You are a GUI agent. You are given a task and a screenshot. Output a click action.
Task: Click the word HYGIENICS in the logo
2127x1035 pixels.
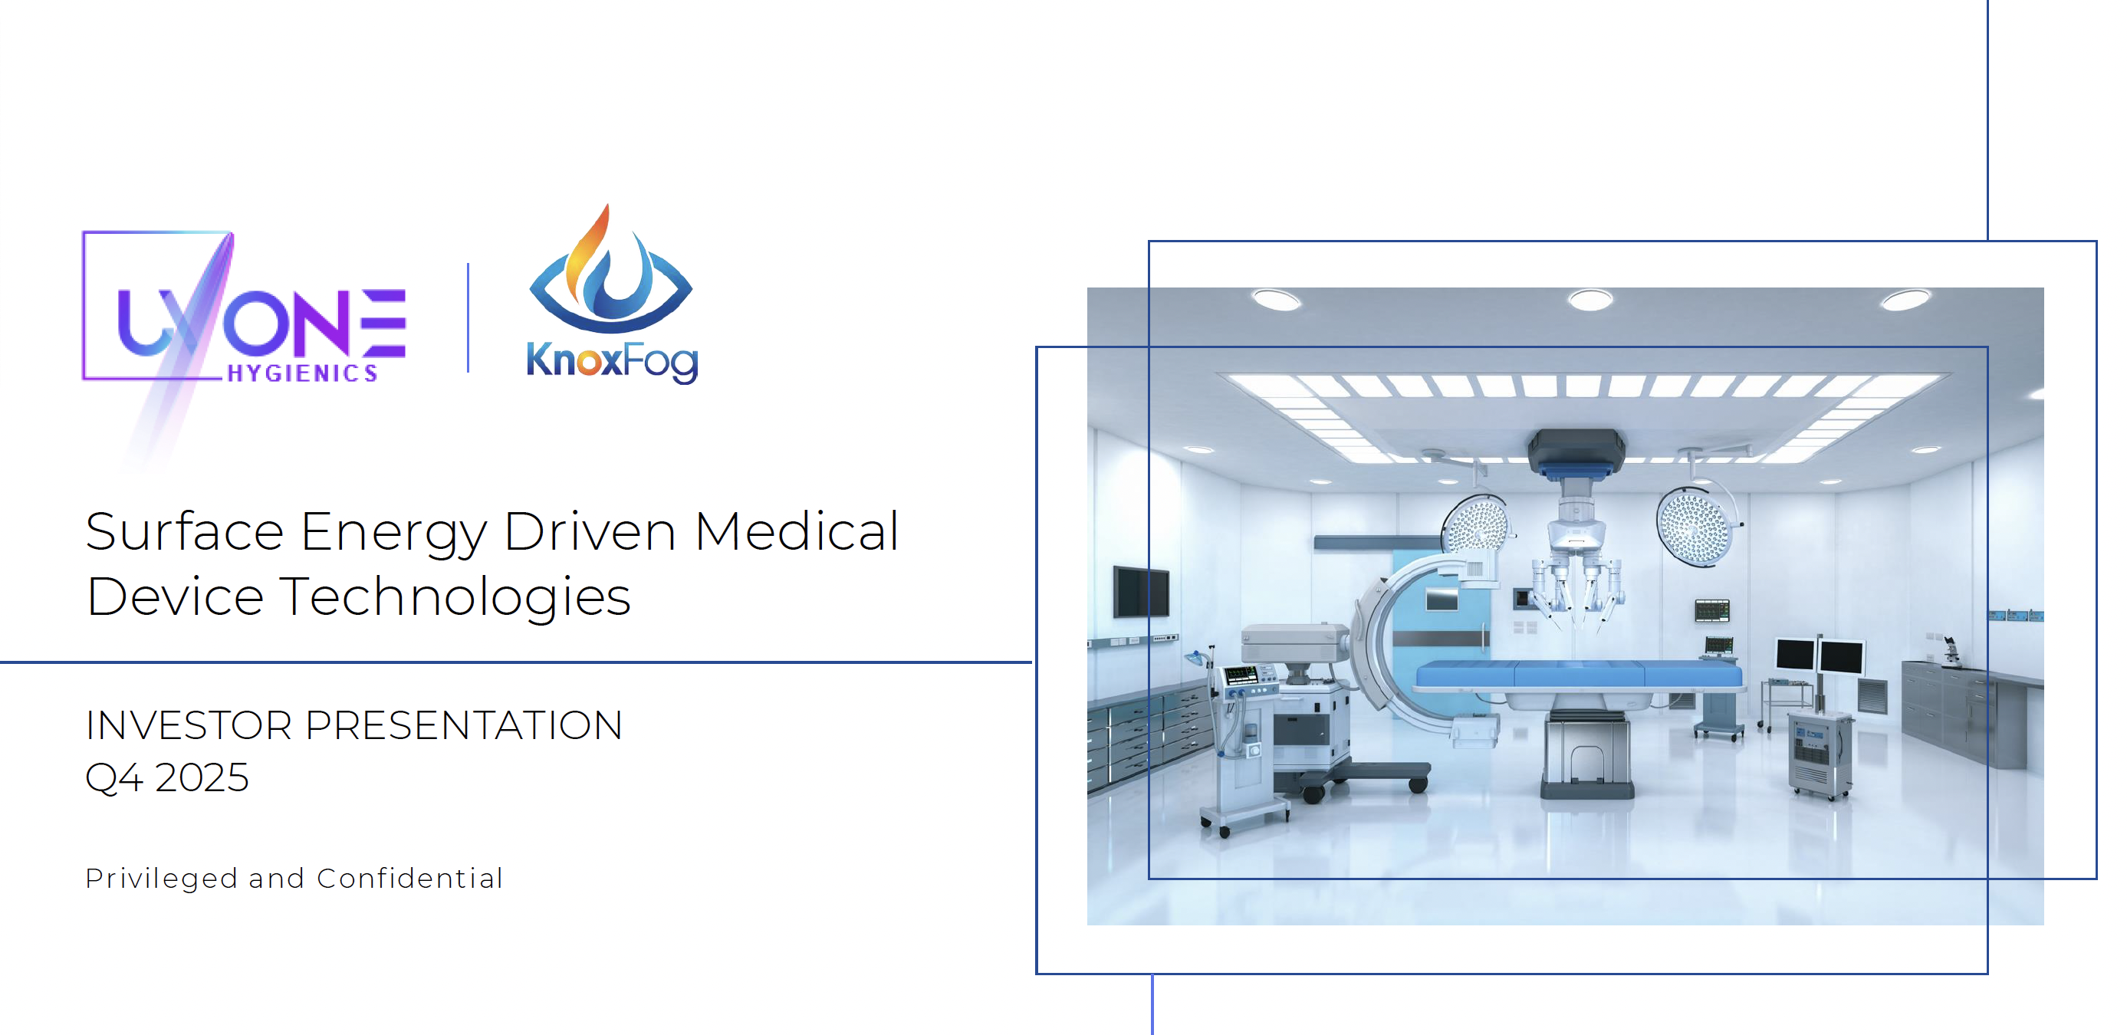302,373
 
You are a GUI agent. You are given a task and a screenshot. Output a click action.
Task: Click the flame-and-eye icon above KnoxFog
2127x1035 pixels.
610,269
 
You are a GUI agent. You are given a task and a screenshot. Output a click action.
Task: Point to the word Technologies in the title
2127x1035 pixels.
455,597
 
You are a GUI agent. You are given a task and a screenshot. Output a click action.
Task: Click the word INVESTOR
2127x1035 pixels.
189,725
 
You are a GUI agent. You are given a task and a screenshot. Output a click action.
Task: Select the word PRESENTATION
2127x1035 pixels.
463,725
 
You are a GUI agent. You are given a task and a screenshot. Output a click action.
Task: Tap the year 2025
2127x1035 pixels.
202,777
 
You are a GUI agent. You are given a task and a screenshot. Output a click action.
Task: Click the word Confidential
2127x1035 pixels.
409,878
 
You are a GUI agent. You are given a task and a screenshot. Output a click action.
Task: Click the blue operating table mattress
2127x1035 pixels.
1579,675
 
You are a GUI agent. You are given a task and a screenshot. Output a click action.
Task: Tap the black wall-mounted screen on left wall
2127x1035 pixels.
1141,592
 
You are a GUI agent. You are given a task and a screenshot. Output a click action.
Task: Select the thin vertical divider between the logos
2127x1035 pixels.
468,317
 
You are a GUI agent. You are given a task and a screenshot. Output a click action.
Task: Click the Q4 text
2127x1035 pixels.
114,778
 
